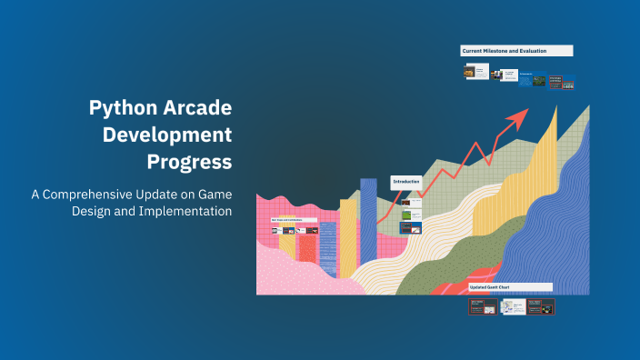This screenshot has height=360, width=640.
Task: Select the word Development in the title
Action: (167, 135)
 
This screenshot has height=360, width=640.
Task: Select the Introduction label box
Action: (406, 182)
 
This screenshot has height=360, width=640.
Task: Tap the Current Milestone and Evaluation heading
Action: (516, 51)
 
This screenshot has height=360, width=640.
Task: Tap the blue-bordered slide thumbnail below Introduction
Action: (411, 227)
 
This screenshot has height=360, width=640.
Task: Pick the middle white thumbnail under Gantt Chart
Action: (512, 307)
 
